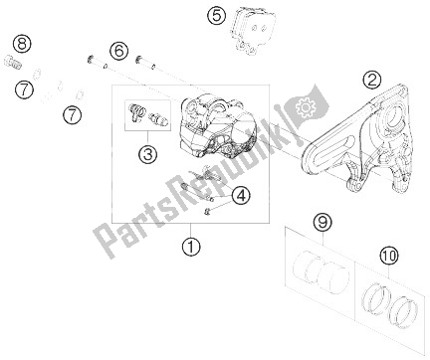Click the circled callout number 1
pos(191,247)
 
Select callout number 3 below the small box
pos(147,154)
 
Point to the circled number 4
pos(241,195)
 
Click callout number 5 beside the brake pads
pos(217,16)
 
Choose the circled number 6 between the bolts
pos(119,52)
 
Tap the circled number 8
pos(22,44)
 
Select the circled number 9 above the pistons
pos(322,223)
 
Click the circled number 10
pos(389,256)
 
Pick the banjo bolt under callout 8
pos(14,62)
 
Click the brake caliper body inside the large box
pos(211,127)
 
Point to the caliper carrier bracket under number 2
pos(357,139)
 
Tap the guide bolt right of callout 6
pos(145,63)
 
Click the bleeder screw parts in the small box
pos(147,116)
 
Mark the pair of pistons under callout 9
pos(322,271)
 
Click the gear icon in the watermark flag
pos(303,106)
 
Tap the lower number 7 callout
pos(73,115)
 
